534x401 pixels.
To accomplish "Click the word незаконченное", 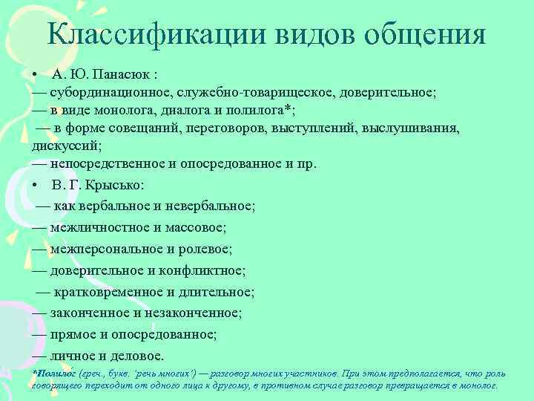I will (x=198, y=313).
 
